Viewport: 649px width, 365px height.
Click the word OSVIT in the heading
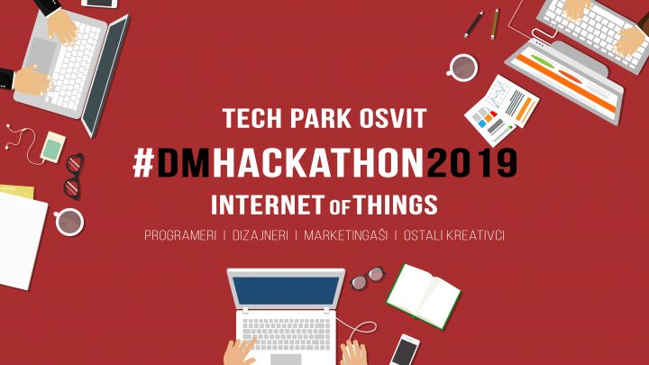(393, 118)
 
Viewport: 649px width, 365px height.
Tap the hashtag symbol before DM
(143, 162)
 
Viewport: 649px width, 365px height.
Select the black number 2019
(471, 162)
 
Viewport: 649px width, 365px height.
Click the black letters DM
(183, 162)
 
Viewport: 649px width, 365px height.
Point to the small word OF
(340, 207)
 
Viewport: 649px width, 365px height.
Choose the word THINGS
(396, 205)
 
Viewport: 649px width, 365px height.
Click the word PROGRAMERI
(180, 235)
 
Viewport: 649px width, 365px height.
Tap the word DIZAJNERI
(260, 235)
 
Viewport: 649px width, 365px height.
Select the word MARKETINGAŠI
(345, 235)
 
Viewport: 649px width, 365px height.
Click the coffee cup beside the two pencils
(462, 67)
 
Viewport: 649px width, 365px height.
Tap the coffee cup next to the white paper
(69, 222)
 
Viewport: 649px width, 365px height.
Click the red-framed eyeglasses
(74, 177)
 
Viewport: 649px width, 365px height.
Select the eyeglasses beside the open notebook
(368, 278)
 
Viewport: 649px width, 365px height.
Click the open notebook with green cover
(424, 296)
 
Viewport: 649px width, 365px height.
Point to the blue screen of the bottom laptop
(286, 290)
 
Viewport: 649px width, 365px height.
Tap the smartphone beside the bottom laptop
(405, 350)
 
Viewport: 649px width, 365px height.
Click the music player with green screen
(52, 147)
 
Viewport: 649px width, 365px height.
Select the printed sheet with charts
(502, 110)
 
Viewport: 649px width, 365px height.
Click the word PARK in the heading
(320, 118)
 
